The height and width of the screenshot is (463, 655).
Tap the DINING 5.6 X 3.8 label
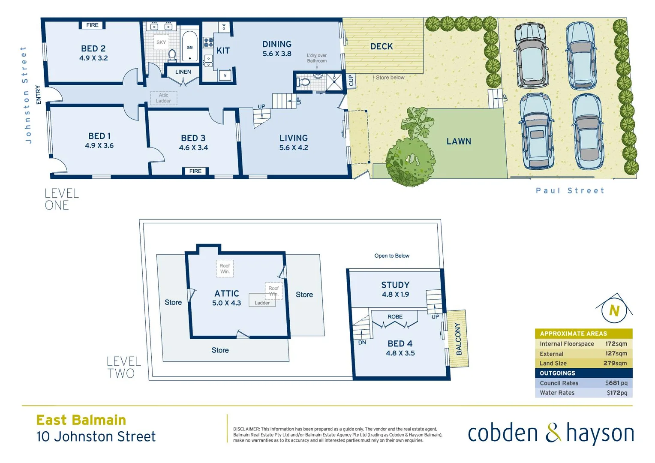(x=277, y=48)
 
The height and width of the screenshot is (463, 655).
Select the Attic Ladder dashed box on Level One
(x=163, y=98)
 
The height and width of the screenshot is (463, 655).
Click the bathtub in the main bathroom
(x=189, y=47)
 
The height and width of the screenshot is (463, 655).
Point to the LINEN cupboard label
(x=183, y=72)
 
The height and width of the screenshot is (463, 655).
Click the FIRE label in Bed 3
(x=195, y=171)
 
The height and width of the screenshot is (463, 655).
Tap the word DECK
(x=382, y=46)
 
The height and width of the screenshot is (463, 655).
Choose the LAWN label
(x=459, y=141)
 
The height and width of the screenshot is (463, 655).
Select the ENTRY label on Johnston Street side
(x=39, y=94)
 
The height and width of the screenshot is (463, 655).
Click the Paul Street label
(x=570, y=191)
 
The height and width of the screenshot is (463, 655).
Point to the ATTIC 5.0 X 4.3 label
(x=226, y=298)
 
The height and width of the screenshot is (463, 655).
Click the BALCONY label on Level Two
(x=458, y=339)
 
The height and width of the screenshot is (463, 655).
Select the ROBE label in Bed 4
(x=395, y=317)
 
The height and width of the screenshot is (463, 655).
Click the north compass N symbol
(x=614, y=310)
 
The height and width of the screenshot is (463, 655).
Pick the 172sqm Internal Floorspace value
(x=616, y=344)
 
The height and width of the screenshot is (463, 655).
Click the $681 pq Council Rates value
(x=616, y=383)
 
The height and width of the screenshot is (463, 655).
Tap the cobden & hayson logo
(x=551, y=433)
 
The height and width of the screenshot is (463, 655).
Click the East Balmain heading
(x=81, y=420)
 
